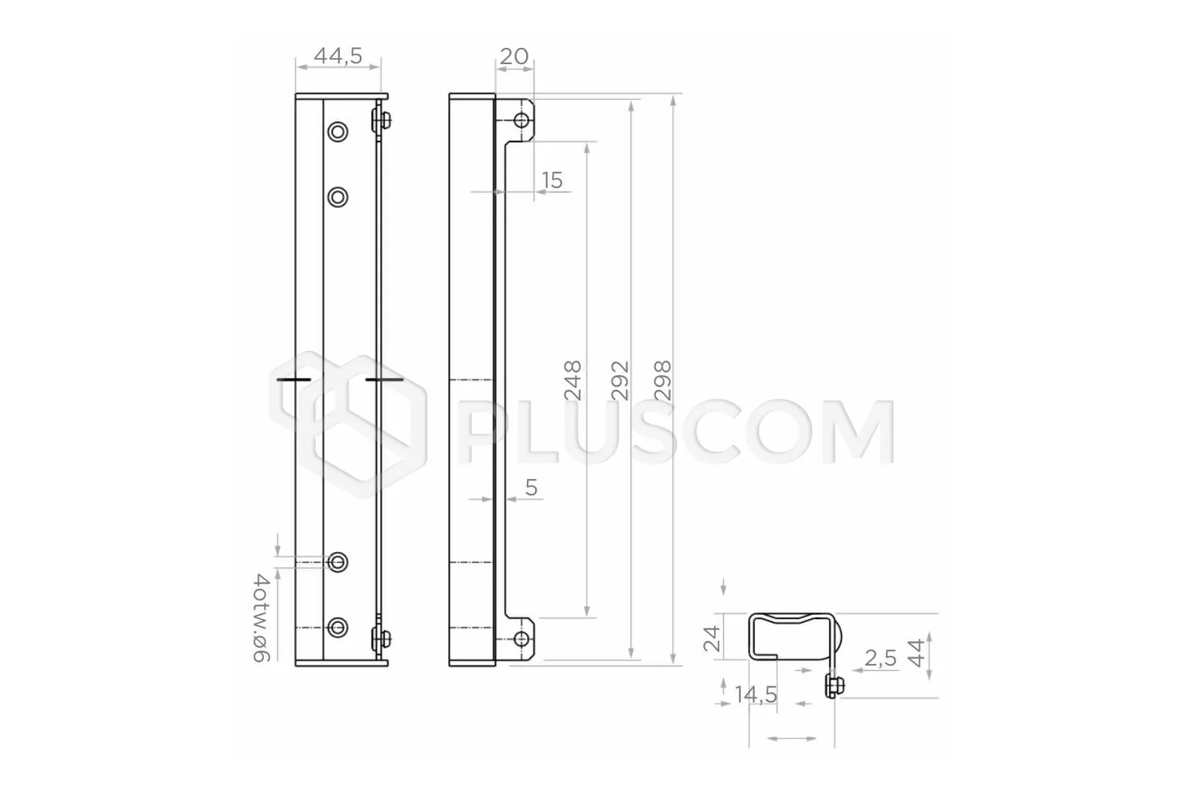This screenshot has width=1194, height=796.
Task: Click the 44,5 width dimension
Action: pos(338,55)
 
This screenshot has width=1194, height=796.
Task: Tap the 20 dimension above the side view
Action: pos(514,56)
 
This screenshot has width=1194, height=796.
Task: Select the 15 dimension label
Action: pos(552,181)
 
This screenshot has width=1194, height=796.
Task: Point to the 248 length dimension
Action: pos(573,380)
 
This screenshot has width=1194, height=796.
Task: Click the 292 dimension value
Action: pos(620,380)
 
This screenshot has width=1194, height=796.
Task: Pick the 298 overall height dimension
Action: pos(663,380)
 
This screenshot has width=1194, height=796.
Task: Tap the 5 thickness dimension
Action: pos(531,487)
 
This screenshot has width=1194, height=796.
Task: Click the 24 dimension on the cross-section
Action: pos(711,639)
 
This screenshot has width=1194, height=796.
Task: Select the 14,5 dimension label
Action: pos(756,694)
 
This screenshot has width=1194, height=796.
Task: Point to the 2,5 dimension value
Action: pos(881,658)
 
